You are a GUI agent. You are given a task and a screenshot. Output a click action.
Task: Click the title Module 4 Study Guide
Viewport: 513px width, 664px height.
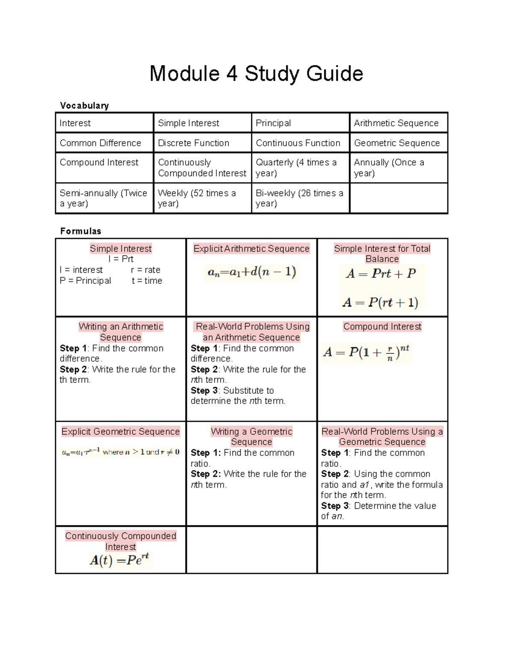[256, 74]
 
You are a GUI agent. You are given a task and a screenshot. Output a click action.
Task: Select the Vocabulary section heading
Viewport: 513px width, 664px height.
[84, 106]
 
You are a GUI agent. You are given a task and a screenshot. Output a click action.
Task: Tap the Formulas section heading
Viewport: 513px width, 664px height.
[80, 231]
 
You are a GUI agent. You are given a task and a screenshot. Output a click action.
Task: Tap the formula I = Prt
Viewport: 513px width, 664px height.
[121, 259]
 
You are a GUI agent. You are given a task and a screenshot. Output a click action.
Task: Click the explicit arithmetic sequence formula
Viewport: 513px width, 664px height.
[251, 272]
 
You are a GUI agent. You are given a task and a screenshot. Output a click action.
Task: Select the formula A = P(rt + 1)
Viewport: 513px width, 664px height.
[380, 303]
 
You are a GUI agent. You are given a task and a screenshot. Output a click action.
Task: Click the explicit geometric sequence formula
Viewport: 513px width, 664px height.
[121, 452]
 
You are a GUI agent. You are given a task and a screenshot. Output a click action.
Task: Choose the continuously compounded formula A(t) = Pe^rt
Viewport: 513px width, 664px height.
[120, 560]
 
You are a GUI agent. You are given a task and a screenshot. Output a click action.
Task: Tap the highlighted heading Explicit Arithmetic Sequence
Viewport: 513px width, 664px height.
[251, 248]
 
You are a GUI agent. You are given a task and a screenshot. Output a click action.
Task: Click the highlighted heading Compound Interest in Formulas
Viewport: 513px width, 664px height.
[382, 327]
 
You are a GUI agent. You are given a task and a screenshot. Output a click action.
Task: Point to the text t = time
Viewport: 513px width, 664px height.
[147, 280]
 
